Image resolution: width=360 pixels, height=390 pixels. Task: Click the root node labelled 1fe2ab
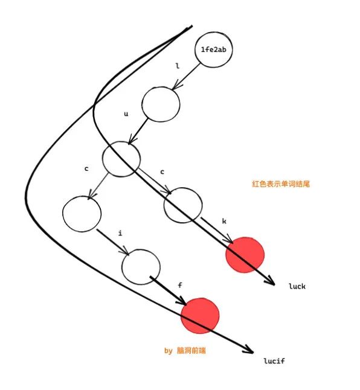click(x=213, y=50)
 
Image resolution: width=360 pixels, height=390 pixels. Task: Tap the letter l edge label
click(x=178, y=66)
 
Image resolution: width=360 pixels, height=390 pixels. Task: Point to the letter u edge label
click(x=126, y=114)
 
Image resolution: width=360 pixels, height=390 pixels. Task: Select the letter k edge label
click(x=224, y=221)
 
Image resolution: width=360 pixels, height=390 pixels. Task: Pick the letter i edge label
click(x=120, y=233)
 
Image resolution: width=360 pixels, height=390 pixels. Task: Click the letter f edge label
click(x=180, y=285)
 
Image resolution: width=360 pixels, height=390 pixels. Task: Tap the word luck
click(x=297, y=286)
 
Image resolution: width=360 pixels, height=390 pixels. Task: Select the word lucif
click(x=274, y=360)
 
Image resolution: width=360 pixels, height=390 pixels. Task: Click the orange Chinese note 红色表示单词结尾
click(x=281, y=184)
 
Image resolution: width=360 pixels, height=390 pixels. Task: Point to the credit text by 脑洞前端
click(x=185, y=351)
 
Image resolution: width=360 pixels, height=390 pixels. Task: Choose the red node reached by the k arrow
click(x=245, y=255)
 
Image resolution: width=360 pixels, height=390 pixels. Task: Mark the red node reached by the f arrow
click(x=200, y=315)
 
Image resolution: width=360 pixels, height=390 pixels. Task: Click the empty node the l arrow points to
click(x=161, y=104)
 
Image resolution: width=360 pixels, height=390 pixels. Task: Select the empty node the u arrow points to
click(x=121, y=159)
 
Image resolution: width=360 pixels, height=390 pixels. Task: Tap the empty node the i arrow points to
click(x=141, y=267)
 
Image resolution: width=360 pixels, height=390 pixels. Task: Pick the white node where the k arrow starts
click(x=183, y=205)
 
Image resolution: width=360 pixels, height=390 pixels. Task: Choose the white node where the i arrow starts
click(x=82, y=214)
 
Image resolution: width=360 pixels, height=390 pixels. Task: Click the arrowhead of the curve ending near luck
click(x=271, y=281)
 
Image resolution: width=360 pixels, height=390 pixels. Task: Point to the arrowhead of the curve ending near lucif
click(x=249, y=350)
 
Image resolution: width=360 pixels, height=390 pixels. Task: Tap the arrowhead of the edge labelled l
click(x=176, y=85)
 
